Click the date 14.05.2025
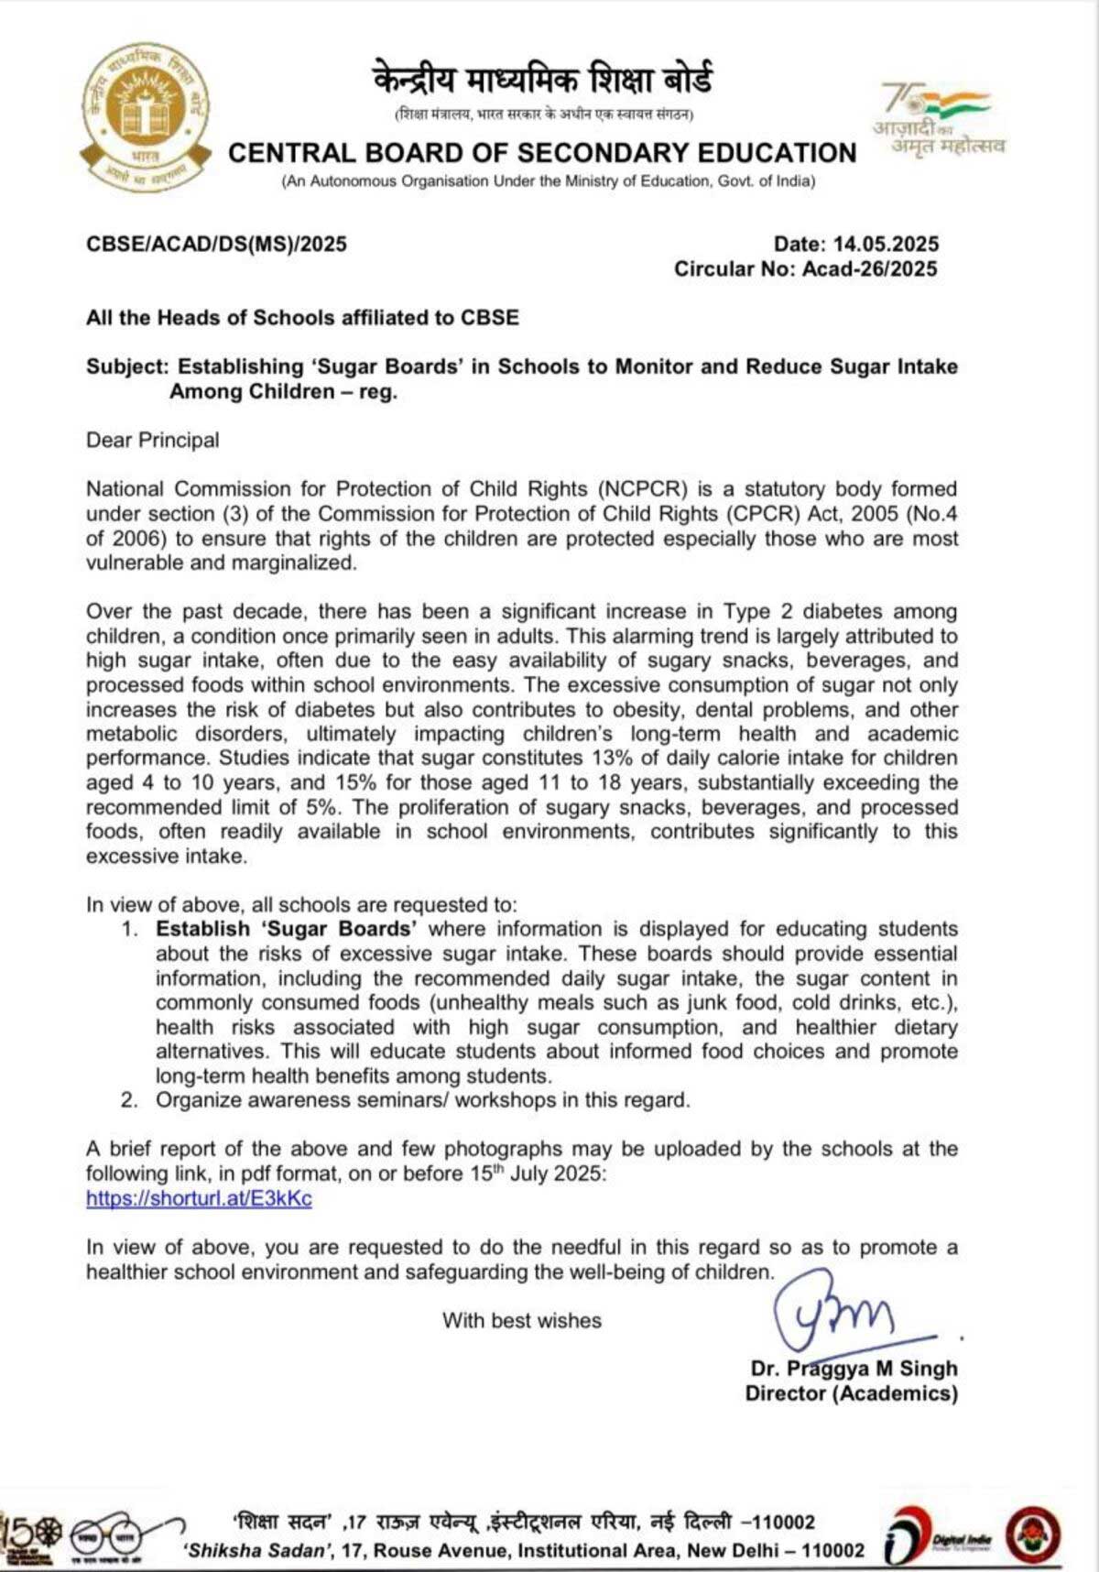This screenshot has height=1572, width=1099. (x=886, y=244)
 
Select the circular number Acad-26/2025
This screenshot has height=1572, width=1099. (x=869, y=268)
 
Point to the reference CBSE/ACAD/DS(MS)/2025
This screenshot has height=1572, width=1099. (x=216, y=244)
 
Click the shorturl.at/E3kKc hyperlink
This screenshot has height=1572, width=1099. (x=199, y=1198)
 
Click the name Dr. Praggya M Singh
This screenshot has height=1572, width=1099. (x=854, y=1368)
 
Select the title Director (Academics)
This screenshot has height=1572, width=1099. (x=851, y=1393)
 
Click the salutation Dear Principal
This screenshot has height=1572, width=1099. (x=153, y=440)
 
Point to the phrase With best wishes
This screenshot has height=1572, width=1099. (x=522, y=1320)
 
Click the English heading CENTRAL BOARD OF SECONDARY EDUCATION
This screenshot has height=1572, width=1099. (x=542, y=153)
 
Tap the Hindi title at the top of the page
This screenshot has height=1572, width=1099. (x=542, y=81)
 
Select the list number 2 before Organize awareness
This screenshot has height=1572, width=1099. (x=130, y=1100)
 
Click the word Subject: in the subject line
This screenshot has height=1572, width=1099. (x=128, y=366)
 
